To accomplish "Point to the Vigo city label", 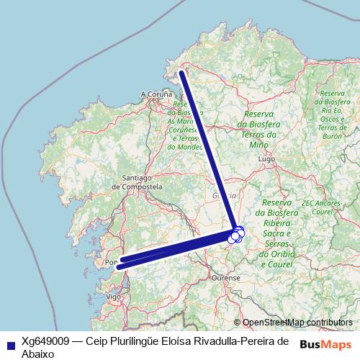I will click(113, 296).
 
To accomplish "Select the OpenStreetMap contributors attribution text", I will click(297, 323).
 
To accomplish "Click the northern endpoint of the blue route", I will click(181, 73).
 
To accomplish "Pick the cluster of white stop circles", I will click(236, 234).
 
